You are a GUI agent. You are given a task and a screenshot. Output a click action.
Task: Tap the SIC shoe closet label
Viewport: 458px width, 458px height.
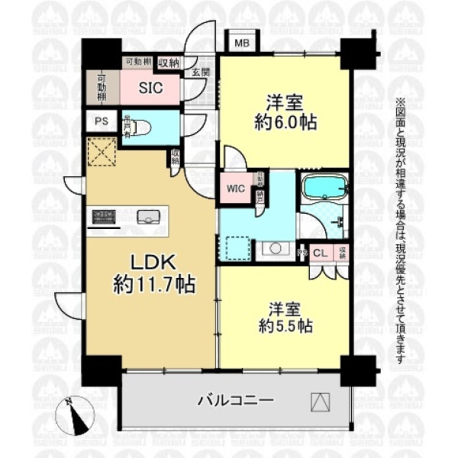pyautogui.click(x=150, y=87)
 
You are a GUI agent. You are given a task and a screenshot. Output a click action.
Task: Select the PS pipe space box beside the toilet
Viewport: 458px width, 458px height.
pyautogui.click(x=101, y=120)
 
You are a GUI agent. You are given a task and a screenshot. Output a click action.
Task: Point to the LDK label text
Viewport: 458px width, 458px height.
pyautogui.click(x=153, y=263)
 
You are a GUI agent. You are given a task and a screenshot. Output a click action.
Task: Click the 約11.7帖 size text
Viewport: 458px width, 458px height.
pyautogui.click(x=153, y=285)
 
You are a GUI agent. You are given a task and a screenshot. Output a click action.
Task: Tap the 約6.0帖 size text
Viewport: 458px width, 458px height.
pyautogui.click(x=285, y=122)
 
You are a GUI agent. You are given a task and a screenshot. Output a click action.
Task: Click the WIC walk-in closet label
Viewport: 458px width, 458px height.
pyautogui.click(x=236, y=189)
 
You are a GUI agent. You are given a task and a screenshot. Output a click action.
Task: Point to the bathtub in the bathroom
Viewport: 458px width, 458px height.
pyautogui.click(x=324, y=186)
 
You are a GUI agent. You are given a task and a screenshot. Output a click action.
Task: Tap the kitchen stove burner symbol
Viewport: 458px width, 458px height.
pyautogui.click(x=104, y=216)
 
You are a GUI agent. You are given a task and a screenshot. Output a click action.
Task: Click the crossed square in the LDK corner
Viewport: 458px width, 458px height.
pyautogui.click(x=101, y=151)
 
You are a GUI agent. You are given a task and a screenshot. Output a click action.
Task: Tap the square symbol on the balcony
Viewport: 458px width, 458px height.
pyautogui.click(x=320, y=401)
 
